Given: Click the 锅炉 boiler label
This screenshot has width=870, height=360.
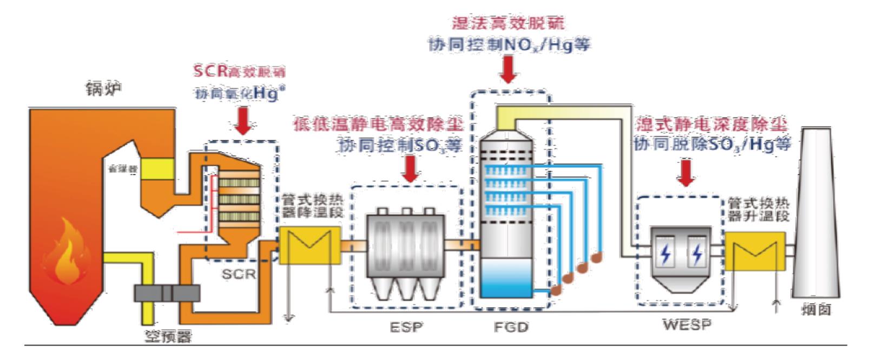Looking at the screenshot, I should (x=103, y=89).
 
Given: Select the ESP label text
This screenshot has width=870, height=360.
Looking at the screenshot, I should (x=406, y=327).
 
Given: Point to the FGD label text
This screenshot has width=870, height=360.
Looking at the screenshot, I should (x=511, y=327).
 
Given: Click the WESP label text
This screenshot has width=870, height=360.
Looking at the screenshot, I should (x=687, y=324).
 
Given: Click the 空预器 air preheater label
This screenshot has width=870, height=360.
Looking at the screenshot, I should (x=168, y=337).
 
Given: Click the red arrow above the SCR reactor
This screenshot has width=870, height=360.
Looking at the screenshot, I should (x=244, y=123).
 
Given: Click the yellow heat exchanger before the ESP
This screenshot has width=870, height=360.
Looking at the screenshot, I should (x=309, y=245).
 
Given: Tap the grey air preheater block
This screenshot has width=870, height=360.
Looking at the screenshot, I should (x=167, y=293).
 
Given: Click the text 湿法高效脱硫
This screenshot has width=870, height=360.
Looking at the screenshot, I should (x=508, y=22).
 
